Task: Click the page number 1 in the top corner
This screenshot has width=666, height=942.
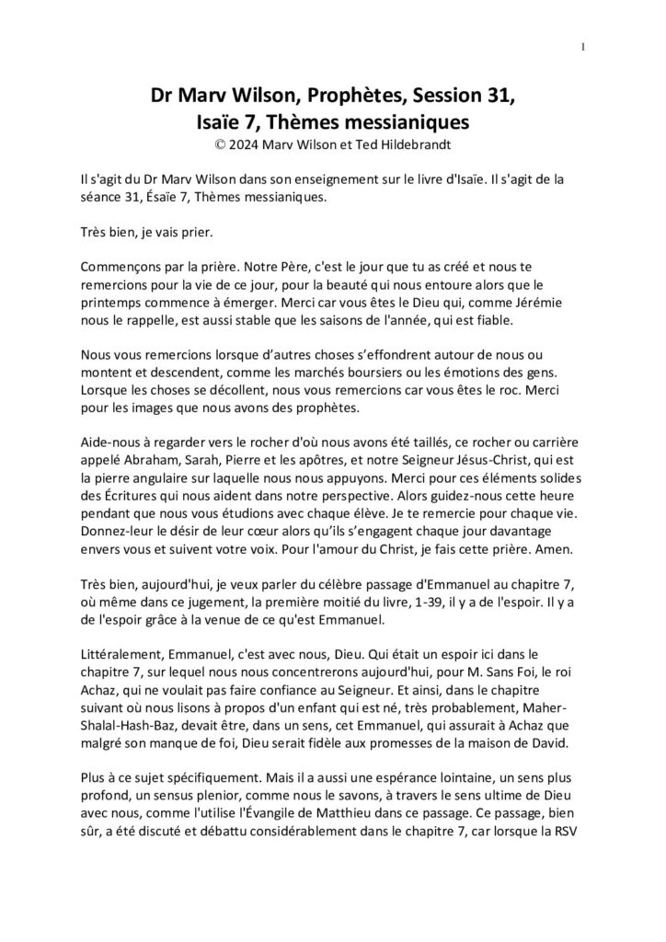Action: click(584, 47)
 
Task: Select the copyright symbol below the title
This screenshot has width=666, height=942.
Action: click(219, 144)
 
